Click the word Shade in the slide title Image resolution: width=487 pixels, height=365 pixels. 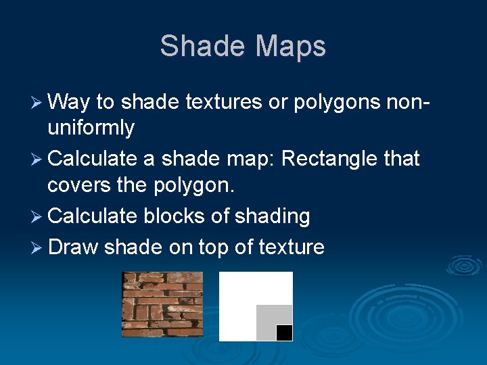click(201, 46)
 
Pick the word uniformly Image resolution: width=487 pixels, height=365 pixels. click(91, 127)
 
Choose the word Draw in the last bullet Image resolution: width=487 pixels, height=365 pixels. click(73, 247)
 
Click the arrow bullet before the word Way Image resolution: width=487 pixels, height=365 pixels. click(39, 103)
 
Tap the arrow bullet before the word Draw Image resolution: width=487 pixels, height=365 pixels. click(39, 247)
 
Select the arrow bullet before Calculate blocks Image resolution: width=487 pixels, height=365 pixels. click(39, 217)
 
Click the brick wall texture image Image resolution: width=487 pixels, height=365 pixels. click(162, 304)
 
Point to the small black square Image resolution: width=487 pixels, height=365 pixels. click(284, 333)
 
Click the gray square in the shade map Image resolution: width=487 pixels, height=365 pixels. click(267, 318)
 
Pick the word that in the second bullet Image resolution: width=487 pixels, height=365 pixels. click(402, 159)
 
